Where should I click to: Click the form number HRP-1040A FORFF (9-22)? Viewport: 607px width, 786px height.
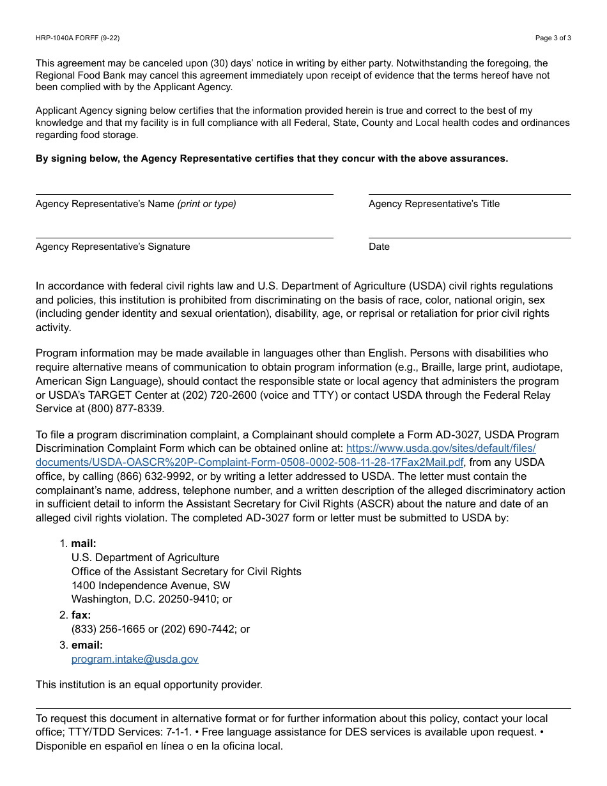click(77, 38)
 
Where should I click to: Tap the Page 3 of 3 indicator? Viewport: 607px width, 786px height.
click(553, 38)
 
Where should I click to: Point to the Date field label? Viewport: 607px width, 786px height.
click(379, 247)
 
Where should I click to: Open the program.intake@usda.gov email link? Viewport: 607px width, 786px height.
click(135, 659)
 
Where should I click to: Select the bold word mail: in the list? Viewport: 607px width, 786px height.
click(84, 544)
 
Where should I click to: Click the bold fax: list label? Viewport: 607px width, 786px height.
click(81, 615)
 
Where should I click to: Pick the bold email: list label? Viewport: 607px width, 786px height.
click(87, 645)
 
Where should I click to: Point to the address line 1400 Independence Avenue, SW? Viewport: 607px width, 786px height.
click(151, 585)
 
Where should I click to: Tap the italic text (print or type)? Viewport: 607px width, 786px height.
click(206, 204)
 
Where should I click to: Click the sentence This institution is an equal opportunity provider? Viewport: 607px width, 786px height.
click(149, 684)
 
